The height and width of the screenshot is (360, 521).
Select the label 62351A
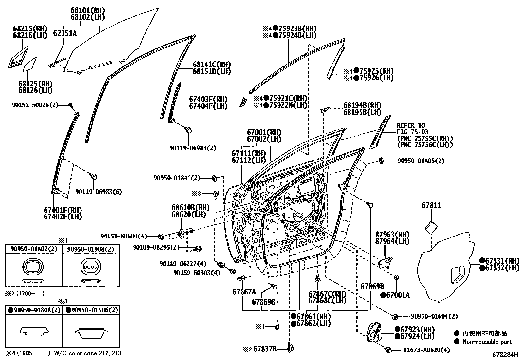point(64,33)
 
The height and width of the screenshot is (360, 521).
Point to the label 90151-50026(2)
point(34,105)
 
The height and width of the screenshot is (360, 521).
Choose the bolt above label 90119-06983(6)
point(94,176)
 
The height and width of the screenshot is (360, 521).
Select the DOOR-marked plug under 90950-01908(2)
point(91,267)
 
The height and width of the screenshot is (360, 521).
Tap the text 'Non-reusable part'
point(487,342)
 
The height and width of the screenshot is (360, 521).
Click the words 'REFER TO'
point(411,125)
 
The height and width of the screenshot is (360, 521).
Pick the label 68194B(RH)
point(362,105)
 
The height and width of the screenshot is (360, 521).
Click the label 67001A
point(398,295)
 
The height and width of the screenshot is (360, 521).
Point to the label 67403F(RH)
point(208,99)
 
